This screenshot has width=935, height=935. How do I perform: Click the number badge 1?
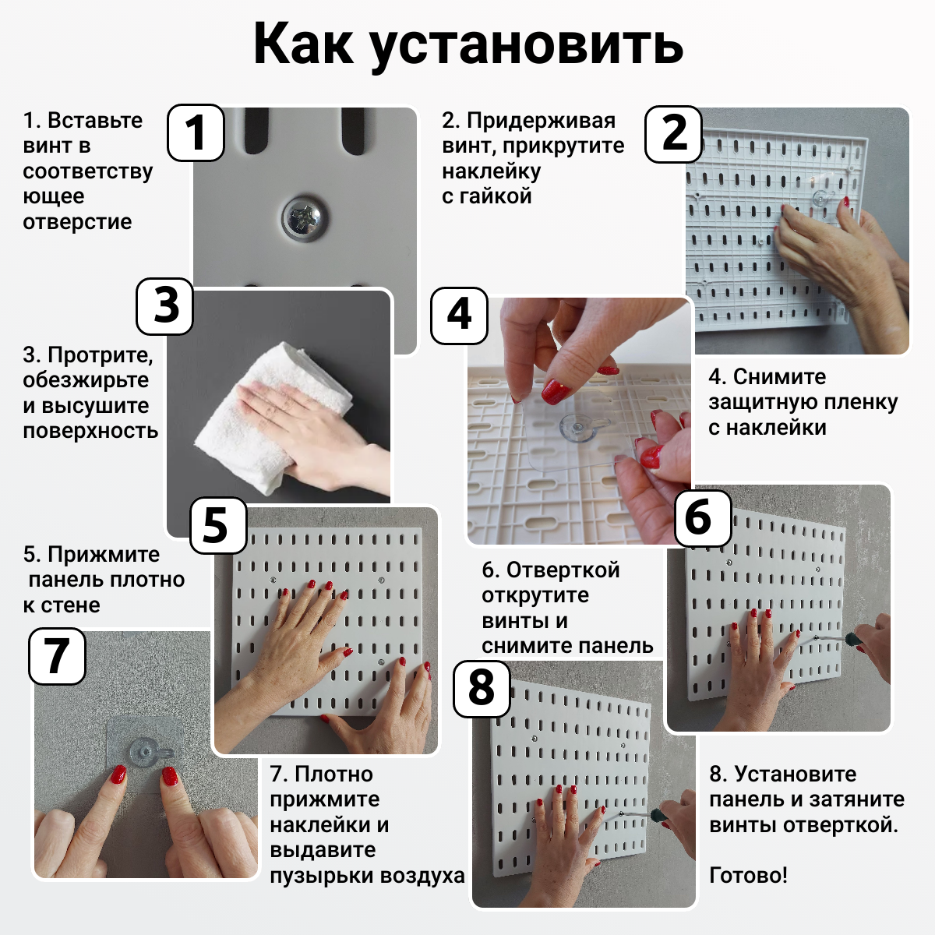(x=196, y=132)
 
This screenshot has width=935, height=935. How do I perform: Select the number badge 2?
(x=673, y=133)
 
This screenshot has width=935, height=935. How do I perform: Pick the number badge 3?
(x=165, y=306)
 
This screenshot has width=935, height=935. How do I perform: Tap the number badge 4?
(x=459, y=315)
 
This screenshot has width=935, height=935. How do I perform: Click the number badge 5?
(x=218, y=525)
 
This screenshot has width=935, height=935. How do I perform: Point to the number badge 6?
(x=703, y=518)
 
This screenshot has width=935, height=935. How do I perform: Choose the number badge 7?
(x=57, y=656)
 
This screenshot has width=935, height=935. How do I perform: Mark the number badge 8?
(x=482, y=689)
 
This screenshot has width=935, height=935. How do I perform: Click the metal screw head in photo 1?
(x=305, y=218)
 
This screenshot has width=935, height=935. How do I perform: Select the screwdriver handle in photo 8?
(x=661, y=817)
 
